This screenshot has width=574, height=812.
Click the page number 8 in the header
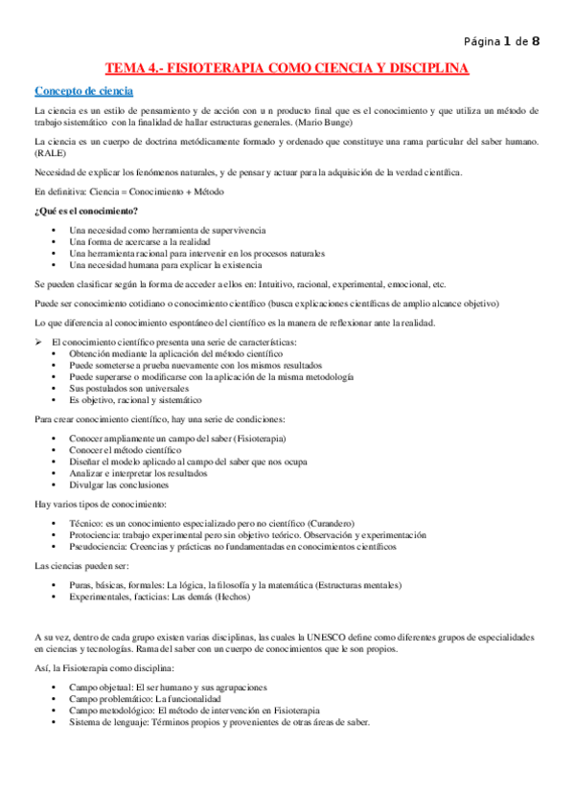536,40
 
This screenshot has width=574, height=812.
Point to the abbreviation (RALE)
47,153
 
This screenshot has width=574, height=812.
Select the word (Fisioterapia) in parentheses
252,438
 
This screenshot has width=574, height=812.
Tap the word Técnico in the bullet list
85,523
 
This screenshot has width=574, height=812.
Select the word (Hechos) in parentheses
232,597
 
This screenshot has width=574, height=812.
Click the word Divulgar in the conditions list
88,484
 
